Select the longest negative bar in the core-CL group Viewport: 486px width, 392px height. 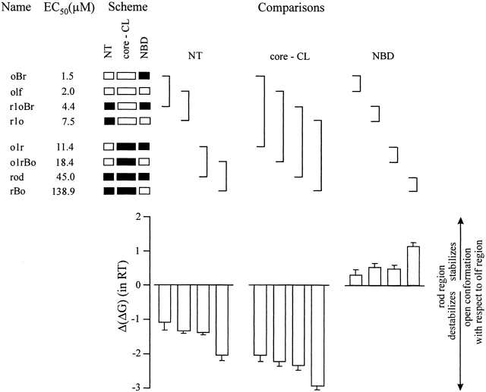(317, 336)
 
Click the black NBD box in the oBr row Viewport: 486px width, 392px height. (144, 77)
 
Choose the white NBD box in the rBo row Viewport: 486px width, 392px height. (144, 190)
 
